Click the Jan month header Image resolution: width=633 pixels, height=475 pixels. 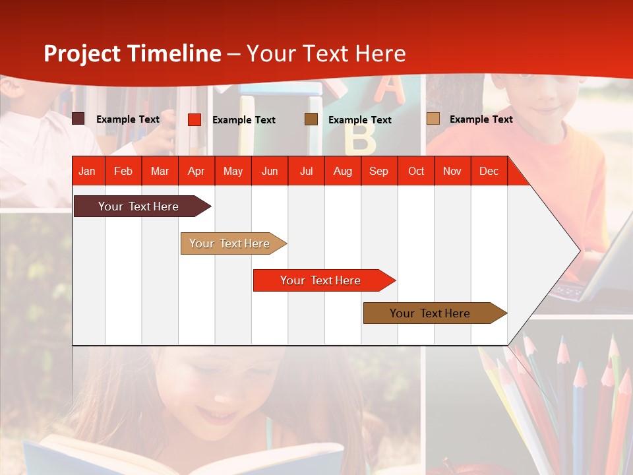tap(87, 171)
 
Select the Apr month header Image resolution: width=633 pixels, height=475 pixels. tap(196, 171)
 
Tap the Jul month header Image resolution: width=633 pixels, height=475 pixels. tap(306, 171)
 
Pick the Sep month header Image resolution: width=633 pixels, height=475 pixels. tap(378, 171)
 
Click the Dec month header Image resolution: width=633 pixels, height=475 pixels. tap(489, 171)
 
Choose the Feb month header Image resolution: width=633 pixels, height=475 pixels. tap(123, 171)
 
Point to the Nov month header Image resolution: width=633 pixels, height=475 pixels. tap(452, 171)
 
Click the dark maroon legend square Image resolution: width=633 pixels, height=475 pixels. tap(78, 119)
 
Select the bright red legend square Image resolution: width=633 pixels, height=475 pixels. tap(195, 119)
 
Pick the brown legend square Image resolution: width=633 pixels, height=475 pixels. tap(311, 119)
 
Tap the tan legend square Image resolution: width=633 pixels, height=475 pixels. tap(433, 119)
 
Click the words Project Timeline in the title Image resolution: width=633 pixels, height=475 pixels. tap(133, 53)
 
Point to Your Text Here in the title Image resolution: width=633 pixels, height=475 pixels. tap(326, 53)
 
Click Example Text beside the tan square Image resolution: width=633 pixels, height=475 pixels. tap(481, 119)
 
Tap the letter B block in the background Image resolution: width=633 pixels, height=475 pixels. tap(360, 140)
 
